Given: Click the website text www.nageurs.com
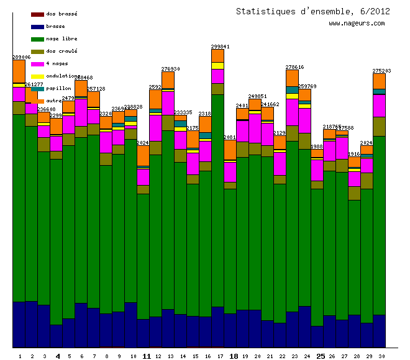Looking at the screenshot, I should pyautogui.click(x=357, y=23).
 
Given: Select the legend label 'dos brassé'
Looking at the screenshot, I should pyautogui.click(x=62, y=14).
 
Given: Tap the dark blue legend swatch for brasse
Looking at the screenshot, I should pyautogui.click(x=37, y=27).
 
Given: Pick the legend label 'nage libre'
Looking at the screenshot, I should pyautogui.click(x=62, y=38).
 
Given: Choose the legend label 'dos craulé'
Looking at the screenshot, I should pyautogui.click(x=62, y=51).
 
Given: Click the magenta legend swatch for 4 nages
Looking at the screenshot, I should pyautogui.click(x=37, y=64).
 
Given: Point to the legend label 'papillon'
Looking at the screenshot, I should pyautogui.click(x=59, y=88).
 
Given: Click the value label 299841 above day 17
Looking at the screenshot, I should pyautogui.click(x=220, y=47).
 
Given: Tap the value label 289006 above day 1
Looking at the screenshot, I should pyautogui.click(x=22, y=57).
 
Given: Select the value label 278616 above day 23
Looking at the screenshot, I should pyautogui.click(x=294, y=66).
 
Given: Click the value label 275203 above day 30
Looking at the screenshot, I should pyautogui.click(x=381, y=71).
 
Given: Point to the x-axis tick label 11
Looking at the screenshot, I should pyautogui.click(x=147, y=356).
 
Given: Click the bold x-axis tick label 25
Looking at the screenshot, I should pyautogui.click(x=321, y=356).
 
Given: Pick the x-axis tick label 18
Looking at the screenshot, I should pyautogui.click(x=234, y=356).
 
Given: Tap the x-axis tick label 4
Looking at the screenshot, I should pyautogui.click(x=58, y=356).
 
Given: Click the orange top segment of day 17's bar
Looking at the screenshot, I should pyautogui.click(x=217, y=56).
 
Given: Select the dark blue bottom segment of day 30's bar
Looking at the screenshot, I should pyautogui.click(x=379, y=331).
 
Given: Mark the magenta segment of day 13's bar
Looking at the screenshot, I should pyautogui.click(x=168, y=102).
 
